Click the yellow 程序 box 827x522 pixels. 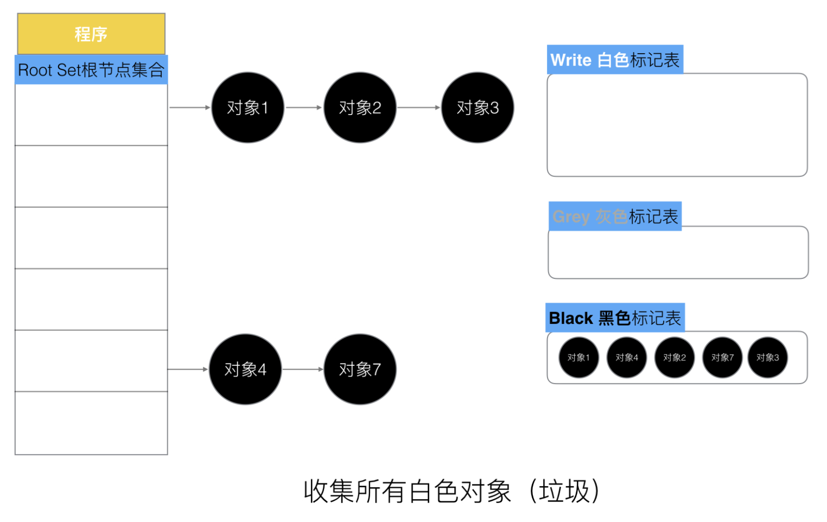pyautogui.click(x=91, y=34)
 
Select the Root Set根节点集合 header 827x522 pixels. pyautogui.click(x=91, y=70)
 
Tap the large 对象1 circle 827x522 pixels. pyautogui.click(x=248, y=107)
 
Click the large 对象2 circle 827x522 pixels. pyautogui.click(x=360, y=107)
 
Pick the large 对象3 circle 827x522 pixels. pyautogui.click(x=478, y=107)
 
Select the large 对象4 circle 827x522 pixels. pyautogui.click(x=245, y=369)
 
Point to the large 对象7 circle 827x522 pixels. pyautogui.click(x=360, y=369)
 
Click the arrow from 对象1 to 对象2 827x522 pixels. pyautogui.click(x=304, y=107)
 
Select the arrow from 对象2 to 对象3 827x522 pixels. pyautogui.click(x=419, y=107)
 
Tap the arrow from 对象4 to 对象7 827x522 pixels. pyautogui.click(x=303, y=369)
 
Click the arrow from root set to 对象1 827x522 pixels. pyautogui.click(x=190, y=107)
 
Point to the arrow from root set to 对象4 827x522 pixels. pyautogui.click(x=188, y=369)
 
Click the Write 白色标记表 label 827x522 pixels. pyautogui.click(x=615, y=60)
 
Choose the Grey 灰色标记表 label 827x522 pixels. pyautogui.click(x=615, y=217)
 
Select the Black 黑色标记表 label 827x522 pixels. pyautogui.click(x=615, y=318)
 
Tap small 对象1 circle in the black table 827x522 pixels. pyautogui.click(x=579, y=358)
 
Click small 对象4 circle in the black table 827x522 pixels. pyautogui.click(x=627, y=358)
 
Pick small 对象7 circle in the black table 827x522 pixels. pyautogui.click(x=722, y=358)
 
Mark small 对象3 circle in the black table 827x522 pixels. pyautogui.click(x=768, y=358)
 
